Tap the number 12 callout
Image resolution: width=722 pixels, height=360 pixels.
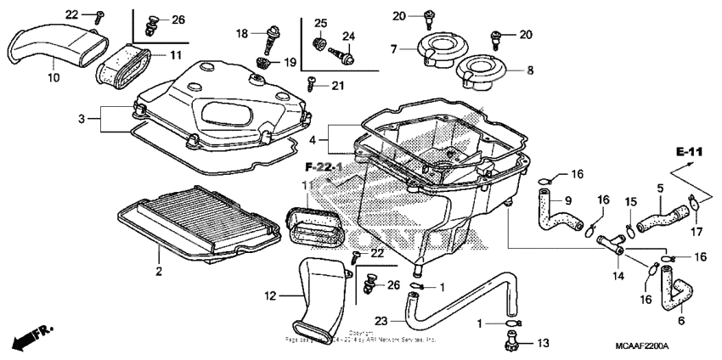[x=270, y=296]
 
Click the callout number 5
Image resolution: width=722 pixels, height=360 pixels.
[x=659, y=188]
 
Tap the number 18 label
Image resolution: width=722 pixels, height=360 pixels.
[x=241, y=33]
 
